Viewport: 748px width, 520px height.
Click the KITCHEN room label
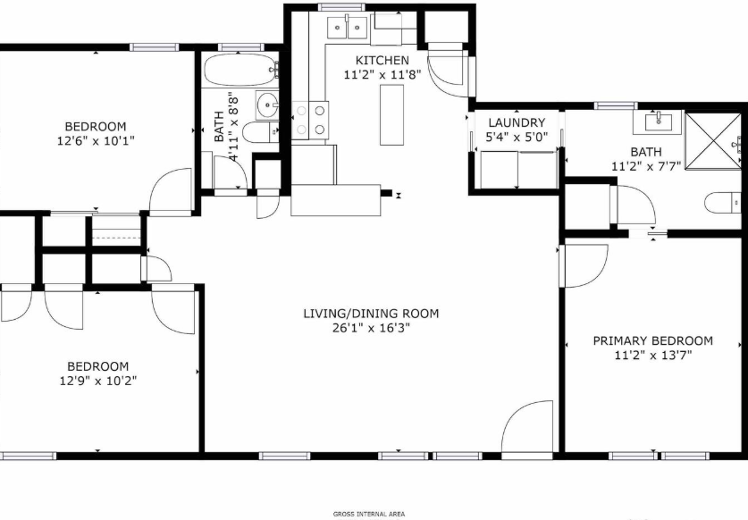click(382, 61)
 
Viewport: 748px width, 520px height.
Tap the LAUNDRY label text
click(517, 122)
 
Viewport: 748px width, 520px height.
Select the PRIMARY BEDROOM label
click(653, 341)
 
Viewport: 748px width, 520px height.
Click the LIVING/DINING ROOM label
click(371, 314)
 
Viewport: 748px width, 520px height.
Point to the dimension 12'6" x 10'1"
click(96, 141)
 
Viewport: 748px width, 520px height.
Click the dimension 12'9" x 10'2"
click(98, 381)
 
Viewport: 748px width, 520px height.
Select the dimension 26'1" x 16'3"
click(371, 328)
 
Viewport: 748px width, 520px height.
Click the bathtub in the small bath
click(241, 70)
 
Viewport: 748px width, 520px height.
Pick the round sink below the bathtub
click(267, 105)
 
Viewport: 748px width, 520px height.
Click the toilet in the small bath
click(260, 131)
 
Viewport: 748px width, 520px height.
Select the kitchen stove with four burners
click(310, 121)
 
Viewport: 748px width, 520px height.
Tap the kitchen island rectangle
click(391, 114)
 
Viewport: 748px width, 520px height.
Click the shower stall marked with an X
click(713, 140)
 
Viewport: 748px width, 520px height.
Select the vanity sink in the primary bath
click(659, 122)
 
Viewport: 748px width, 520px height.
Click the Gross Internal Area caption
click(369, 514)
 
